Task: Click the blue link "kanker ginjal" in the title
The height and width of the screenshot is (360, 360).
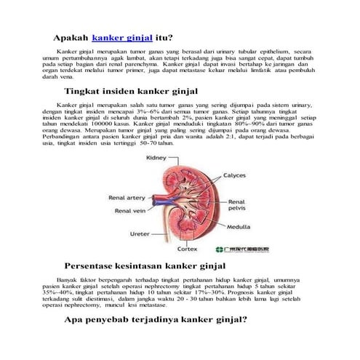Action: click(x=122, y=36)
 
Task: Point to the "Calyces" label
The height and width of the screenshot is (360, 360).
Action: click(x=234, y=175)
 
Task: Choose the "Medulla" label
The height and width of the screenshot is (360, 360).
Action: click(x=241, y=225)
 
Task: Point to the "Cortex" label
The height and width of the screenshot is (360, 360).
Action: click(x=188, y=249)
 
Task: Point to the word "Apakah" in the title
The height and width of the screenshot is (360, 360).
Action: click(x=70, y=36)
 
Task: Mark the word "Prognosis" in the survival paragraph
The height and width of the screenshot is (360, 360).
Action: click(x=244, y=292)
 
